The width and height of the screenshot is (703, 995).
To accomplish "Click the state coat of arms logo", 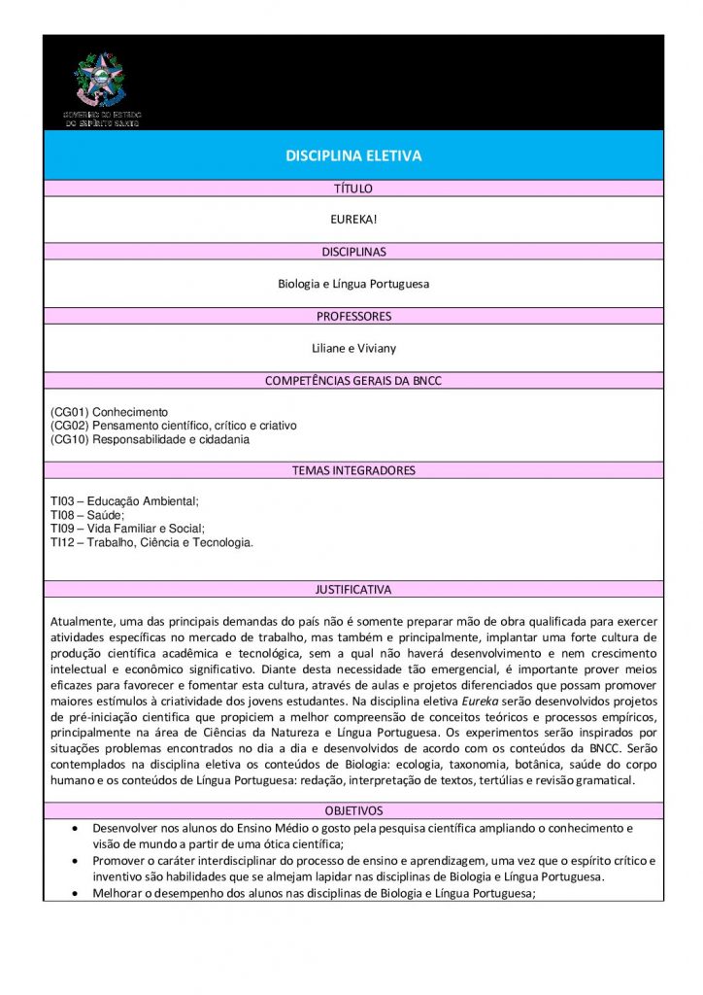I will click(101, 82).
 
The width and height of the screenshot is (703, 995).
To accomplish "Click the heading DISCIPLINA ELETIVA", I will click(352, 155).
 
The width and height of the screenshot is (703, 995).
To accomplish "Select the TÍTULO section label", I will click(352, 189).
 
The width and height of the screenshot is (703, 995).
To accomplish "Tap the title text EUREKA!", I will click(352, 220).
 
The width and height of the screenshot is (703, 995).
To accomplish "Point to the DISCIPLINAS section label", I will click(352, 252).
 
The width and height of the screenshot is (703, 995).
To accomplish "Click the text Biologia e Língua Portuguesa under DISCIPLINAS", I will click(352, 284).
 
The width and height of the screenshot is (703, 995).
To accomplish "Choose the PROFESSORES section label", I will click(352, 316).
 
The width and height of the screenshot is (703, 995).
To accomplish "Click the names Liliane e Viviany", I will click(352, 348).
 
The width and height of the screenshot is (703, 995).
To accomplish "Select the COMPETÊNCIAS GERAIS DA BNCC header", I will click(352, 381).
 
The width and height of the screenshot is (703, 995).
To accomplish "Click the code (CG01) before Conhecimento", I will click(69, 412).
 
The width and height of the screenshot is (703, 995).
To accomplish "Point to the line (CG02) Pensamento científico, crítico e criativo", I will click(173, 426).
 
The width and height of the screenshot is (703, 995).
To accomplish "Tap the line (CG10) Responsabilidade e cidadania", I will click(150, 439).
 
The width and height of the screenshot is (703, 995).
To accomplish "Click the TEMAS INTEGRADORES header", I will click(352, 470).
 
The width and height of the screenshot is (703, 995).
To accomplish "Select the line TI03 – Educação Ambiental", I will click(124, 501).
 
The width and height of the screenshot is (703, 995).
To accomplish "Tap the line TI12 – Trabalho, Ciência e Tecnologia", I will click(151, 542).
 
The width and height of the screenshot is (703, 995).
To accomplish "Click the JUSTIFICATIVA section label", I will click(352, 589).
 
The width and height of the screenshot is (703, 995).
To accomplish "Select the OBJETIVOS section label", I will click(352, 810).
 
